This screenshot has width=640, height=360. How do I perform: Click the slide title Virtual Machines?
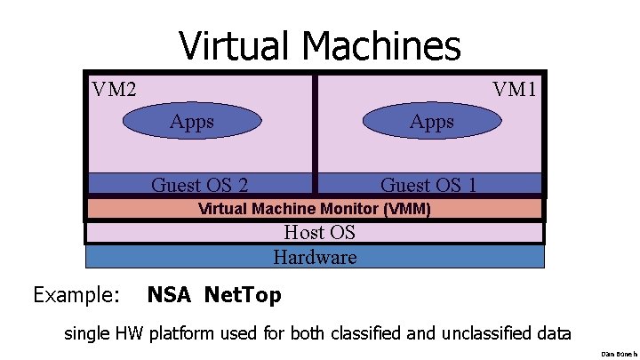tap(319, 44)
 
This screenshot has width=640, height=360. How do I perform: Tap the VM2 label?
tap(114, 89)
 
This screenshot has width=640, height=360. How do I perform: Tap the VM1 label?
tap(515, 89)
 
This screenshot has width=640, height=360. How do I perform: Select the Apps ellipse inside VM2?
tap(192, 122)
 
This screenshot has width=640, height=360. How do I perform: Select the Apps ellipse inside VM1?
tap(431, 122)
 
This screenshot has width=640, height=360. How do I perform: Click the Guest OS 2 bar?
tap(200, 184)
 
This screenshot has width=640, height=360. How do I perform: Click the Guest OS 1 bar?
tap(428, 184)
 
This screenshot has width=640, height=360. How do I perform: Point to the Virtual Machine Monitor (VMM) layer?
tap(315, 210)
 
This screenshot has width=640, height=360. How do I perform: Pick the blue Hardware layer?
tap(315, 257)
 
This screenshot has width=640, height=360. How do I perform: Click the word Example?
tap(76, 294)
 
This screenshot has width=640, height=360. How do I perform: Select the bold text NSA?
tap(170, 294)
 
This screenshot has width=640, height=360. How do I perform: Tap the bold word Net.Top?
tap(243, 294)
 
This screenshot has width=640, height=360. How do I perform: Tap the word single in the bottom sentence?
tap(86, 335)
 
